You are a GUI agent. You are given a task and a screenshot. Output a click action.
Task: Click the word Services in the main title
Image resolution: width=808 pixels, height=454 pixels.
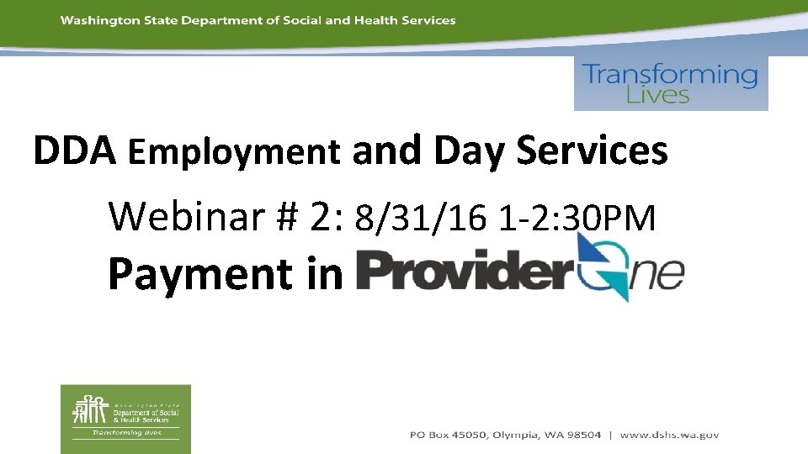click(592, 151)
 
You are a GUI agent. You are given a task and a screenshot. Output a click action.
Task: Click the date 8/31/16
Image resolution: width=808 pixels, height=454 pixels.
click(420, 219)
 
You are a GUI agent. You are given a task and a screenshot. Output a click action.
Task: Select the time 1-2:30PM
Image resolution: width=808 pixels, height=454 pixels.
click(577, 219)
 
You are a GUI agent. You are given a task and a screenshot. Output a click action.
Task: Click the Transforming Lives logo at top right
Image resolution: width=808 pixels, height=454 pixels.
click(671, 83)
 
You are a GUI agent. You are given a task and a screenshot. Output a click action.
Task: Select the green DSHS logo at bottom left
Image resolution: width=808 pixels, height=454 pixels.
click(125, 419)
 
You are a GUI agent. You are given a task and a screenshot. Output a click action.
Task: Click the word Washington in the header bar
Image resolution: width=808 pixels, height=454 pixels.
click(93, 20)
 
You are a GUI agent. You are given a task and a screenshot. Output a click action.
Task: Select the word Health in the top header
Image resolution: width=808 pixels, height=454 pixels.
click(376, 20)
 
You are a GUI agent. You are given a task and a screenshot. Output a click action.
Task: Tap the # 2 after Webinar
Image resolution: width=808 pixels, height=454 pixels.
click(316, 217)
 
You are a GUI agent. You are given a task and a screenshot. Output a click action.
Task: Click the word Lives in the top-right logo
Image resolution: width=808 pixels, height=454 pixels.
click(657, 95)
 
